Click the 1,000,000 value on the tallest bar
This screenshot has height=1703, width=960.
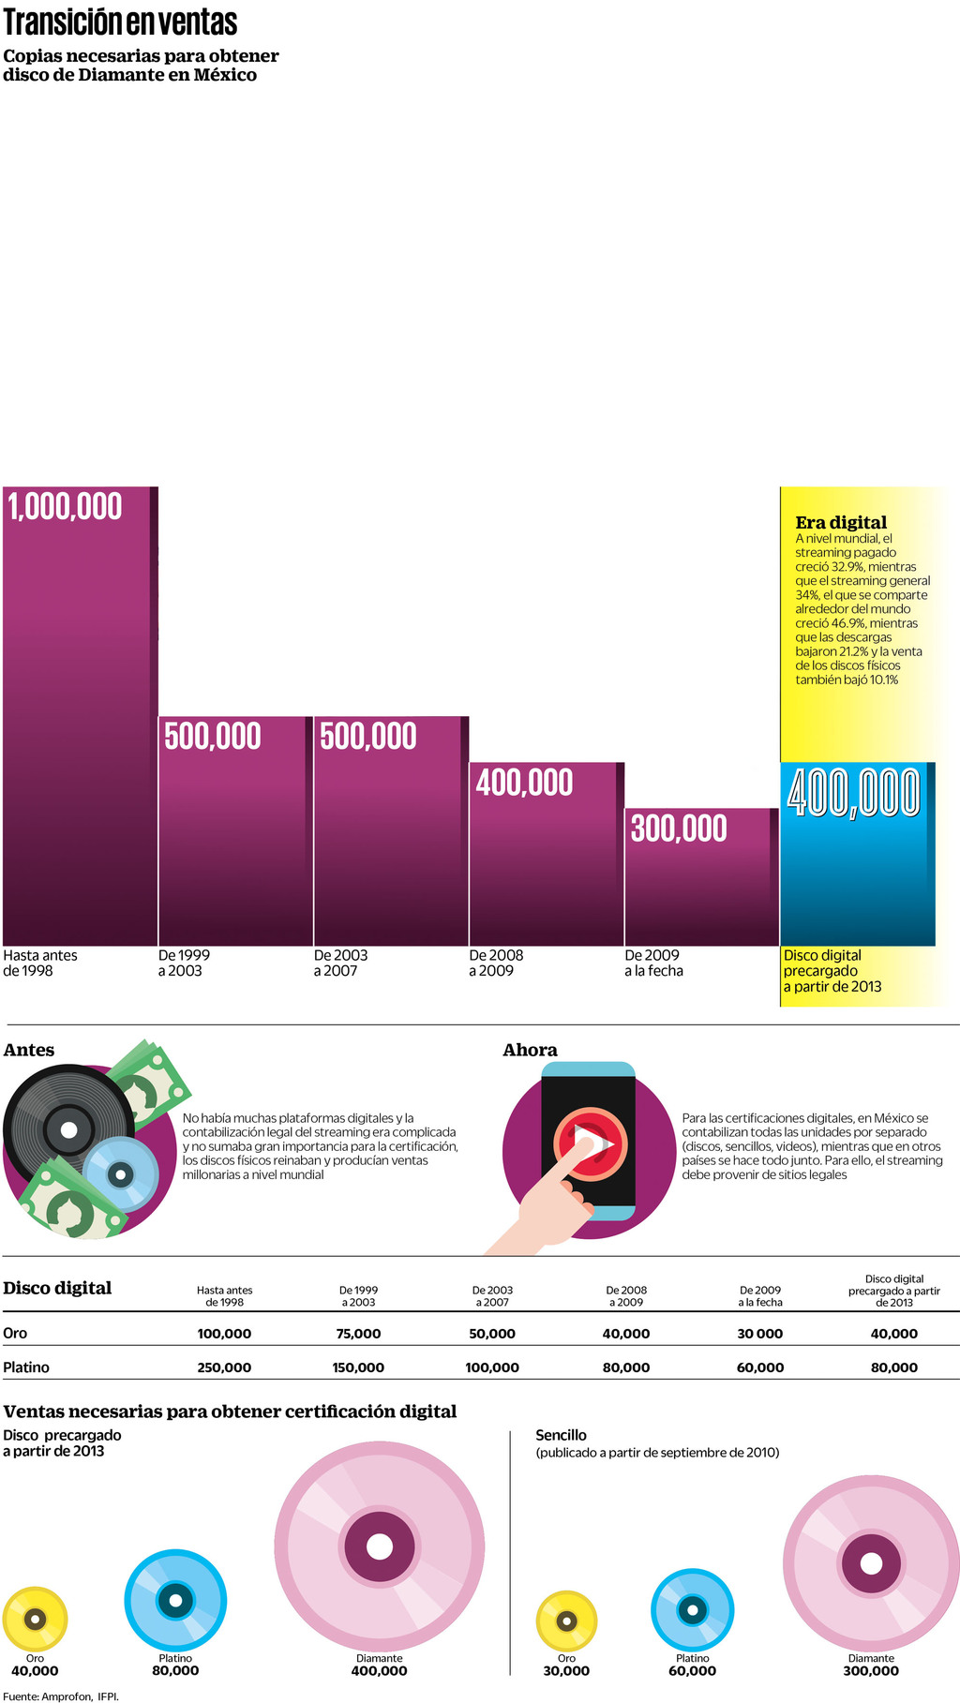click(66, 507)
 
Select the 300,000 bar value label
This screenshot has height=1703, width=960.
click(679, 829)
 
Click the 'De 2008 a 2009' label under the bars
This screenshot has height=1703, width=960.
click(496, 963)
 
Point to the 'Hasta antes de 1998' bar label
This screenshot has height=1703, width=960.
click(40, 963)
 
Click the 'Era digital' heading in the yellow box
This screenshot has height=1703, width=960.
click(841, 522)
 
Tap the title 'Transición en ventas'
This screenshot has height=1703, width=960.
click(120, 22)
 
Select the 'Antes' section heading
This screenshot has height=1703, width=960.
click(29, 1050)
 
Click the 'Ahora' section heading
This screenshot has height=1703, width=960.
click(530, 1050)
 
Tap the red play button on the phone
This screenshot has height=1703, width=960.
click(591, 1143)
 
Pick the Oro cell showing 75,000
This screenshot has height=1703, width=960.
click(358, 1334)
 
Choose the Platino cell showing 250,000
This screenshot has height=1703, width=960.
click(224, 1367)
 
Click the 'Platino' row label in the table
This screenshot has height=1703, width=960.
click(26, 1367)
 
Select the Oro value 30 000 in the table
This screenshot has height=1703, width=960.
click(759, 1334)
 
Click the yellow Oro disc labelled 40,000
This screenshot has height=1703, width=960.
click(35, 1619)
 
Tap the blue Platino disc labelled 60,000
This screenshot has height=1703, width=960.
click(693, 1610)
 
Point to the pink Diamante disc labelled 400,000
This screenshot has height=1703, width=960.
click(379, 1546)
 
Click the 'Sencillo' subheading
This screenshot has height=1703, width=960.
click(561, 1435)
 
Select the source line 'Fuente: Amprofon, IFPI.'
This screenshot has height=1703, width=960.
click(61, 1696)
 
